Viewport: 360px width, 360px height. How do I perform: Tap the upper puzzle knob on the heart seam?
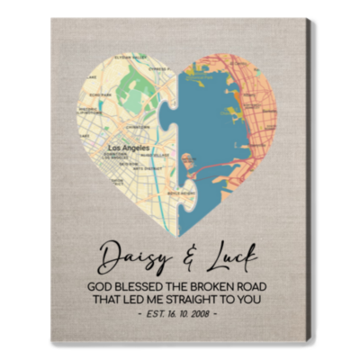pos(176,106)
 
